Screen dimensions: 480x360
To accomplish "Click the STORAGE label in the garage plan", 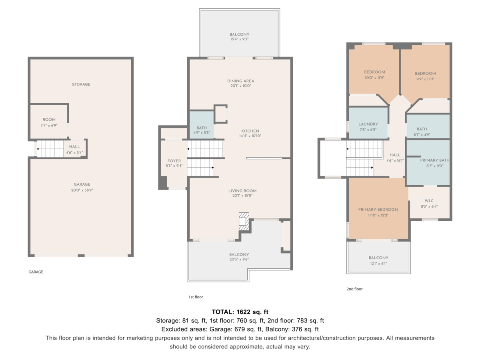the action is (81, 84).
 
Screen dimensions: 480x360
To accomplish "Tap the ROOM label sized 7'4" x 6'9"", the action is (49, 120).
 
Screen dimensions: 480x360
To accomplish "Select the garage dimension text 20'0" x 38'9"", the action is (82, 190).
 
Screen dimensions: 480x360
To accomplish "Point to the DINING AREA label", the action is (240, 81).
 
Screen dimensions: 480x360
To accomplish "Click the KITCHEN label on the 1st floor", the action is (250, 131).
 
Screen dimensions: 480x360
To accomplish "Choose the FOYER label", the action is (174, 161).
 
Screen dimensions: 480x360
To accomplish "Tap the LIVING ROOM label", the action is (242, 191).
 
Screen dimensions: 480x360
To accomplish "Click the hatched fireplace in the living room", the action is (244, 222).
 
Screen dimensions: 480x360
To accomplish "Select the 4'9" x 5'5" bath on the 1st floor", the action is (202, 125).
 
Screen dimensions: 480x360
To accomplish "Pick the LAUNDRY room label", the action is (368, 124).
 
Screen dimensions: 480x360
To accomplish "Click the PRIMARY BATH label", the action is (435, 160).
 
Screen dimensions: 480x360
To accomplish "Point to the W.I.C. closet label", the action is (430, 201).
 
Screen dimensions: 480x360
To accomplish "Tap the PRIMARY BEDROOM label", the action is (378, 209).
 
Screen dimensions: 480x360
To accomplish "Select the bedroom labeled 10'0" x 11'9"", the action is (374, 70).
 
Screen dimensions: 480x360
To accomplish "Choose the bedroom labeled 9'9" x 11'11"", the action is (425, 72).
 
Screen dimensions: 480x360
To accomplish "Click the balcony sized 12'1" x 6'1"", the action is (378, 257).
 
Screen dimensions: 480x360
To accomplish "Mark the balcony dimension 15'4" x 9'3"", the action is (240, 39).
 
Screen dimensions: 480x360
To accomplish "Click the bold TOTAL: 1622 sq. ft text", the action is (240, 312).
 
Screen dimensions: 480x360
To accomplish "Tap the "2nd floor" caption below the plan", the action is (354, 289).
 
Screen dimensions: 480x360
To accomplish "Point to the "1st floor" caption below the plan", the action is (196, 297).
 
